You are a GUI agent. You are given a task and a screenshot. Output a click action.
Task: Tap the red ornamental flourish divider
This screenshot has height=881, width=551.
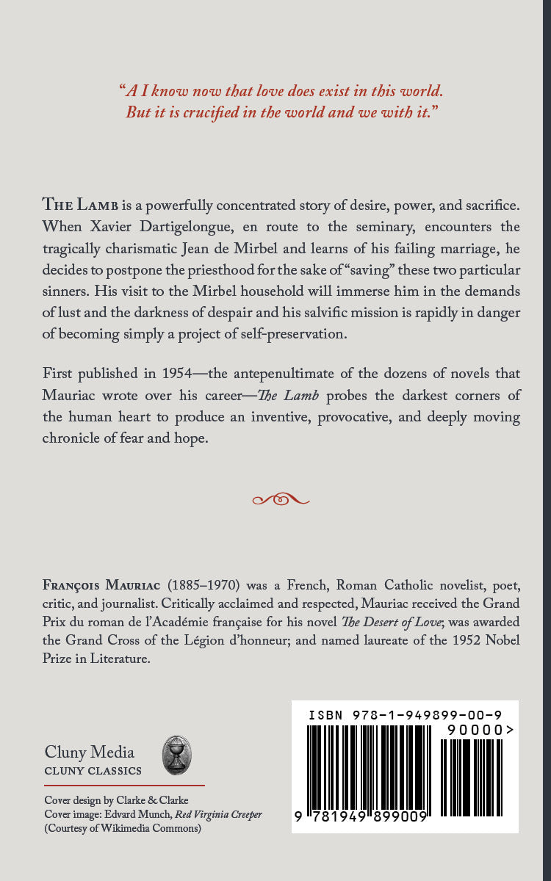[x=281, y=500]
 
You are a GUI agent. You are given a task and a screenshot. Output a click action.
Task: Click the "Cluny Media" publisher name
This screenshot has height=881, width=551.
[x=90, y=752]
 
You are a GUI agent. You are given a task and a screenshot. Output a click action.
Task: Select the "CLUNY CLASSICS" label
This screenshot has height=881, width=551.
[x=93, y=771]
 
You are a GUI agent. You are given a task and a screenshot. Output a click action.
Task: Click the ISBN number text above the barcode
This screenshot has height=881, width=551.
[x=405, y=714]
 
